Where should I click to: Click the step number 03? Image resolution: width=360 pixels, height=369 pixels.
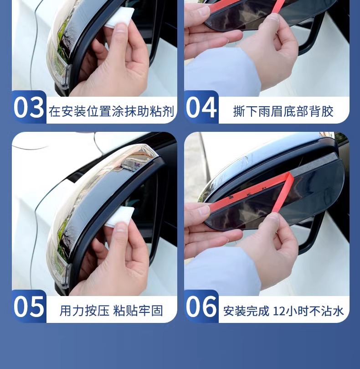[29, 108]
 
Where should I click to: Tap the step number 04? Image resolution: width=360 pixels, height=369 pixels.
[201, 108]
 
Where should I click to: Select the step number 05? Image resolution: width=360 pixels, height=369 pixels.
[29, 307]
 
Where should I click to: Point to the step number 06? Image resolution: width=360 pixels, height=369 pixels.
[201, 307]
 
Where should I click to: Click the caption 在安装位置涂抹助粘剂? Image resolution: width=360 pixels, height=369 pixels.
[112, 111]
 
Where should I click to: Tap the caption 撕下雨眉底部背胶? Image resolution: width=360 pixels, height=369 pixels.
[283, 111]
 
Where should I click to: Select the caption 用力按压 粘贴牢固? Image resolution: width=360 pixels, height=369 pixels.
[111, 311]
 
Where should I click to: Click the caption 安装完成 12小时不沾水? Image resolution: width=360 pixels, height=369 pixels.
[283, 311]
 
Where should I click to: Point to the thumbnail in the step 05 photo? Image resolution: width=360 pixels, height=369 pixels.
[121, 228]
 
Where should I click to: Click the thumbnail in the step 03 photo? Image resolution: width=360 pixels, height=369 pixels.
[121, 28]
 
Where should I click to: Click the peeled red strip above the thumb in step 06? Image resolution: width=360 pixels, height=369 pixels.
[281, 193]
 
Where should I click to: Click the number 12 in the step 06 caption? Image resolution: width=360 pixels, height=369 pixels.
[278, 311]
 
